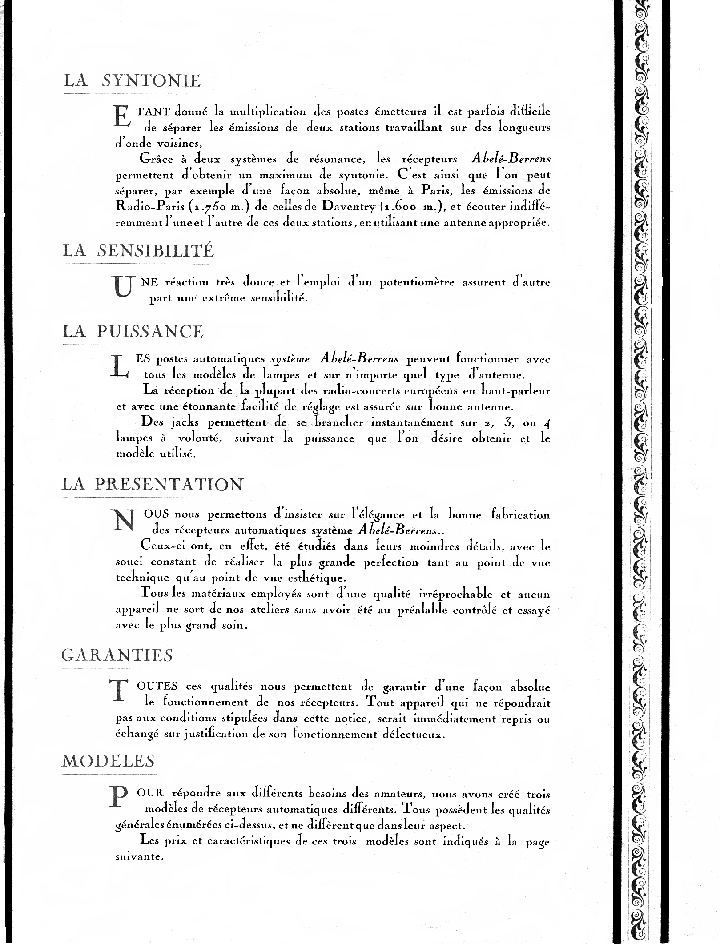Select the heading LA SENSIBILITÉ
[x=138, y=251]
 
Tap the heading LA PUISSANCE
[x=133, y=332]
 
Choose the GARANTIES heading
[x=117, y=655]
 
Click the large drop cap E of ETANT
[x=123, y=117]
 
